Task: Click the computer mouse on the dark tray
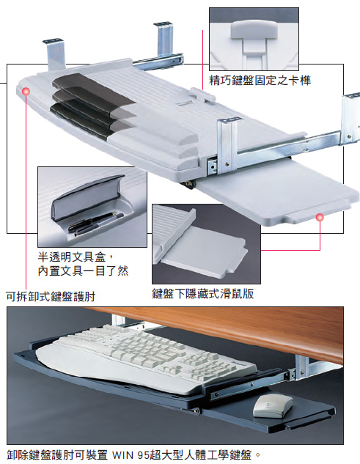point(272,406)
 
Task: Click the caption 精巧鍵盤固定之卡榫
point(260,80)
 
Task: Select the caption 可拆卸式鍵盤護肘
point(51,296)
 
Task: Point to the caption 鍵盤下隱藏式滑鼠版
point(203,293)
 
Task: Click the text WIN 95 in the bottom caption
point(131,454)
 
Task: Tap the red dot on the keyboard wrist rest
point(26,92)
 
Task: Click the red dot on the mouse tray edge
point(320,218)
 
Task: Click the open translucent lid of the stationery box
point(87,196)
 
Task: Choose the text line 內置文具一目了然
point(83,270)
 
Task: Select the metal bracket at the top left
point(56,54)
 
